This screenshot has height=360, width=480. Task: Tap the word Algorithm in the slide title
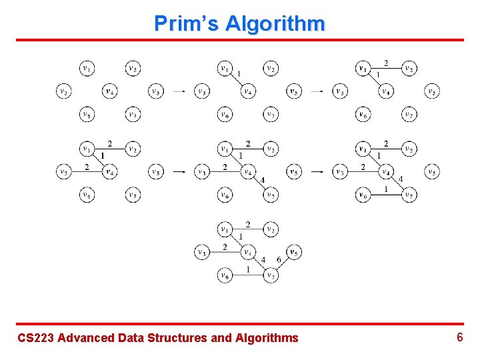(275, 24)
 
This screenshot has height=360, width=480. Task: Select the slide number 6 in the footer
(459, 337)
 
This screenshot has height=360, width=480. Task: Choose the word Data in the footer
(129, 338)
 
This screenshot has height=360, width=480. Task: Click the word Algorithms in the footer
(267, 338)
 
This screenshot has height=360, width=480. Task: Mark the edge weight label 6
(279, 260)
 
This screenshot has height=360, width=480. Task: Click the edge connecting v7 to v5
(281, 264)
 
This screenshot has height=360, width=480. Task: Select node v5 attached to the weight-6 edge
(293, 252)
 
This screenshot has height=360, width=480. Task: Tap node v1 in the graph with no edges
(87, 68)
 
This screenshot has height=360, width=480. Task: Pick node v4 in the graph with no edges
(109, 91)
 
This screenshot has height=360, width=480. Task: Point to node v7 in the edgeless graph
(133, 115)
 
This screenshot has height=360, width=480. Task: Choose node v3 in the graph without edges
(63, 91)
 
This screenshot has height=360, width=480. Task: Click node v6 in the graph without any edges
(87, 115)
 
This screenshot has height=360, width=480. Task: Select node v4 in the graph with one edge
(247, 91)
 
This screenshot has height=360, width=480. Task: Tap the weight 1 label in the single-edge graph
(239, 74)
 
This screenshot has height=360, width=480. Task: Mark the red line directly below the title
(240, 41)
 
